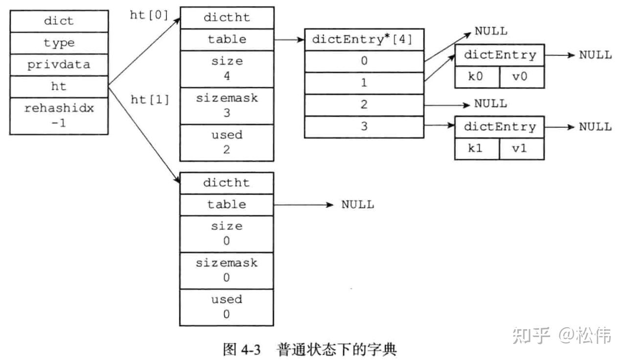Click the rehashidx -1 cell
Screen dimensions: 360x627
59,116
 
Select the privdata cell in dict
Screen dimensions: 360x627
59,65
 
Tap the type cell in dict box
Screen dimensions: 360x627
59,43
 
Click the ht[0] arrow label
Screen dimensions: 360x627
150,15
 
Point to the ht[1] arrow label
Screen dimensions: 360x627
150,100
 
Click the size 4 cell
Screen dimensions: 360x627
227,68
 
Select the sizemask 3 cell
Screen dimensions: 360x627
227,105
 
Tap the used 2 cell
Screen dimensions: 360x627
227,142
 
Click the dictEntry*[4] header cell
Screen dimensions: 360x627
364,40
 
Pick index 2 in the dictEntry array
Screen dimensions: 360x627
364,105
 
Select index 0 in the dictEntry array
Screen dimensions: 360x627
364,61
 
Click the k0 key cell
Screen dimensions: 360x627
476,77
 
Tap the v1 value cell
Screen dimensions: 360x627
521,149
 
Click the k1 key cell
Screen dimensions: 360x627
476,149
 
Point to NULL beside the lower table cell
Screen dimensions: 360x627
357,204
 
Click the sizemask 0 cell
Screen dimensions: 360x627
227,270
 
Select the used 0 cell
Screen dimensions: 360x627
227,307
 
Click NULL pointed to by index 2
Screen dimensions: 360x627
490,104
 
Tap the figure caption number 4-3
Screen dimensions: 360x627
251,349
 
